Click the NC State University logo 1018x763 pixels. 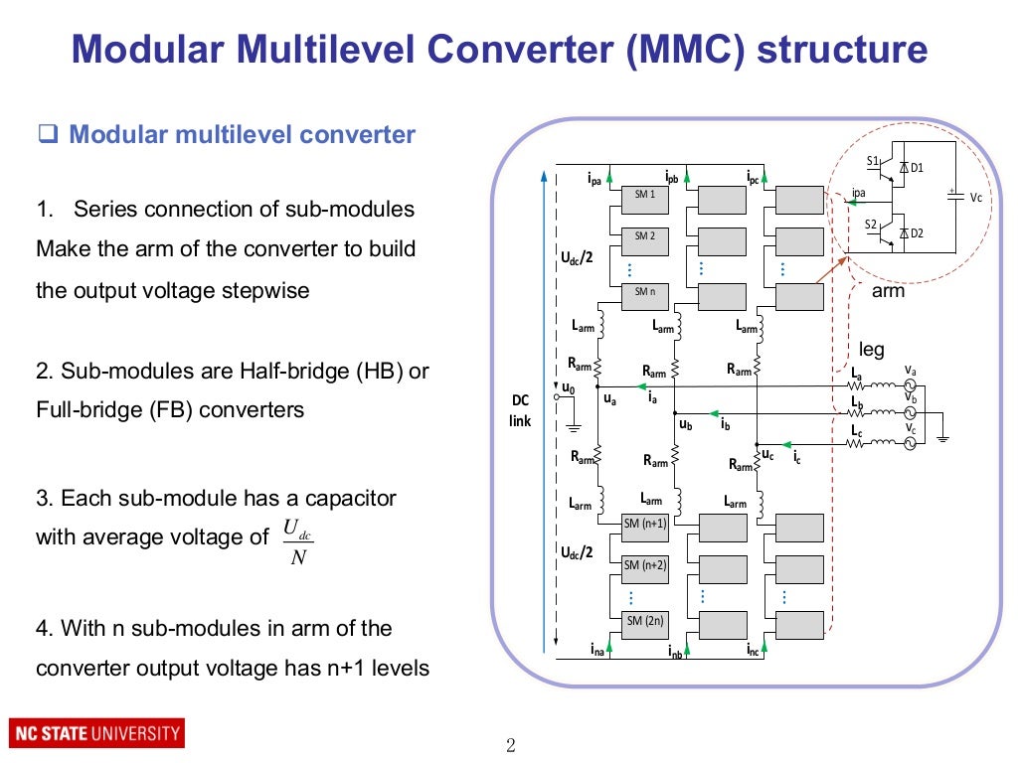pos(96,735)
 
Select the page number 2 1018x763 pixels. pos(511,746)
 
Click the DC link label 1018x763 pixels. pos(521,410)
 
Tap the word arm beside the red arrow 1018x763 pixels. pos(887,292)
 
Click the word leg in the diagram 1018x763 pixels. pos(871,349)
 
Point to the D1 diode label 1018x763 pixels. pos(917,168)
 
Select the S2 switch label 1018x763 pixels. pos(871,225)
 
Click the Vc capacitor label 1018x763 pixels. pos(976,198)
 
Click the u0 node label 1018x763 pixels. pos(569,387)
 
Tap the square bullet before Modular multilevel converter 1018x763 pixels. pos(45,135)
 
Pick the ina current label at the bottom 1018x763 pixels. pos(596,652)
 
